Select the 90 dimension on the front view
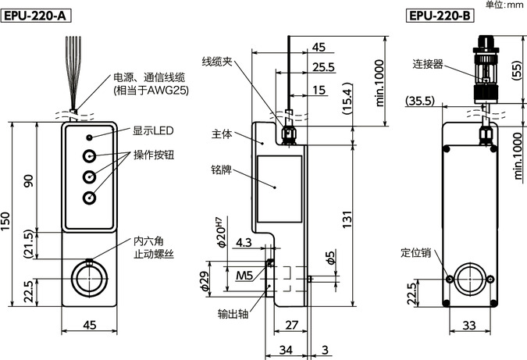click(x=29, y=180)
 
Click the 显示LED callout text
click(x=153, y=130)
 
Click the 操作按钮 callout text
click(x=153, y=155)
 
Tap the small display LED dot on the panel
click(x=90, y=137)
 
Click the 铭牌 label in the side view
click(x=221, y=169)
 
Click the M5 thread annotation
click(x=244, y=274)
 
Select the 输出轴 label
click(x=233, y=315)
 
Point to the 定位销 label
click(x=415, y=253)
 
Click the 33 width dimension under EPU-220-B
click(x=468, y=326)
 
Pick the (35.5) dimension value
click(x=421, y=100)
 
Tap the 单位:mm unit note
click(x=504, y=5)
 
